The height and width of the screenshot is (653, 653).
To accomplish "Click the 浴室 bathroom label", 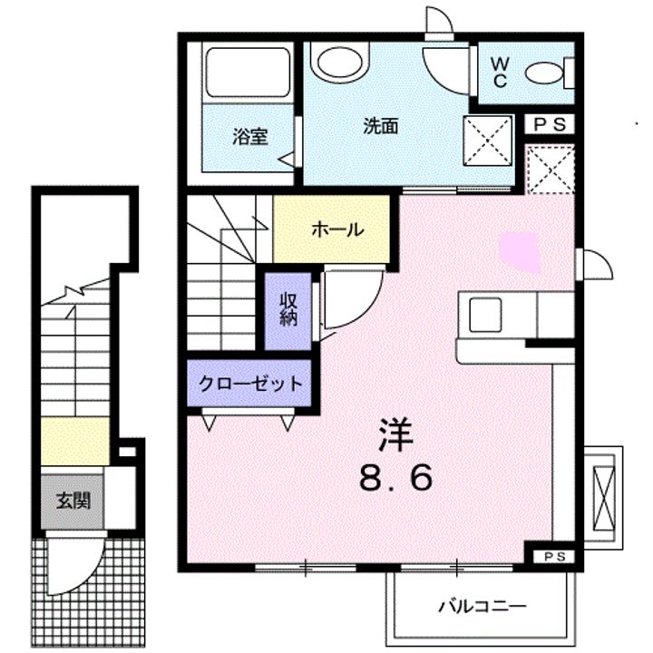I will point(249,139).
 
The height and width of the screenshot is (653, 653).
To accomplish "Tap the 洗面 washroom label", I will point(381,127).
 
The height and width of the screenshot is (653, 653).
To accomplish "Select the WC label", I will point(500,71).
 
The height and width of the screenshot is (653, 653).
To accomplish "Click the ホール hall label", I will point(337,229).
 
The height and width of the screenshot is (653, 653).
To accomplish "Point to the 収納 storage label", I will point(288,310).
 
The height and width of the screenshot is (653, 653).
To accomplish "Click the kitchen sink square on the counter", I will point(484,314).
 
